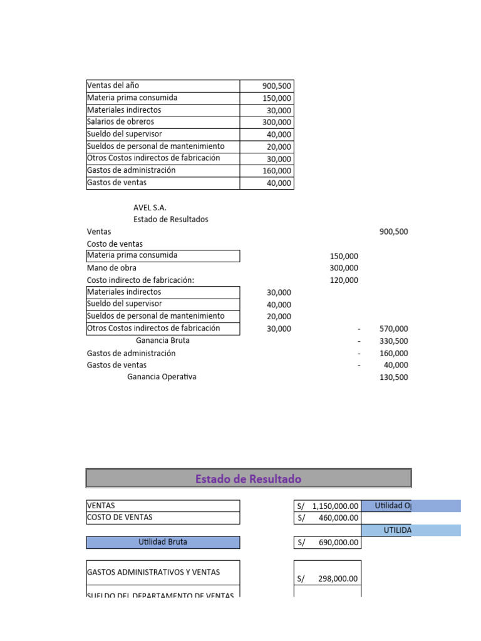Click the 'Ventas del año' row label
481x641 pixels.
pos(113,86)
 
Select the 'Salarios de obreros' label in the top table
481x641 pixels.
pos(120,122)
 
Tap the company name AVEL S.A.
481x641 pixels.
pos(150,207)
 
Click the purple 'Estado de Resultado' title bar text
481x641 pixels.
pos(248,479)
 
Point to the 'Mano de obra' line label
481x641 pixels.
pos(111,268)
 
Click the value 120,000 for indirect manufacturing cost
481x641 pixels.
pos(344,280)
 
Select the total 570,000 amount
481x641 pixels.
pos(393,329)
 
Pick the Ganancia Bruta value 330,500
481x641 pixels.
pos(393,341)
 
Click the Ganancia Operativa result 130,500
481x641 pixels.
pos(393,377)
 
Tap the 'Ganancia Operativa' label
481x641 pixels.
pos(162,377)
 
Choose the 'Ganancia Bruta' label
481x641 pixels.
pos(162,341)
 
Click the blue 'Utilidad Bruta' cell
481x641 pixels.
pos(162,542)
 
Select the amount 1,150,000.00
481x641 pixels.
pos(335,506)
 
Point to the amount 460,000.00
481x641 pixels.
pos(338,518)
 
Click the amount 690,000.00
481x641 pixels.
pos(338,543)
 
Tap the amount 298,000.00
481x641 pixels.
pos(338,579)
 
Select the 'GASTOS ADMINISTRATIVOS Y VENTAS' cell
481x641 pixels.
pos(153,572)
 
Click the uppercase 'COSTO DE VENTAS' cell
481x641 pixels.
pos(120,518)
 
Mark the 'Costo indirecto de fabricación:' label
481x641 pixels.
pos(140,280)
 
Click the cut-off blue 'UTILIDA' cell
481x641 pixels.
pos(398,530)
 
